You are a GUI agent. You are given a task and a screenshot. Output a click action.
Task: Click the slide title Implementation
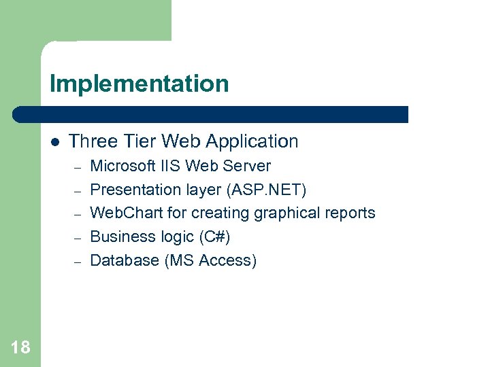coord(139,84)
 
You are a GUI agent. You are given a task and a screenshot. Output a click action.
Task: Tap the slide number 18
coord(20,348)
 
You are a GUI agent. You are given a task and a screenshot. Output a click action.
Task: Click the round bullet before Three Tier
coord(55,142)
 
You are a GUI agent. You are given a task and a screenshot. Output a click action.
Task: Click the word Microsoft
coord(123,166)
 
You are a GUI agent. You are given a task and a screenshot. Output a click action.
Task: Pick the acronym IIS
coord(171,166)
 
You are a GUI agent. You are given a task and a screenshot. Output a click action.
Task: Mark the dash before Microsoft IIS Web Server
coord(78,167)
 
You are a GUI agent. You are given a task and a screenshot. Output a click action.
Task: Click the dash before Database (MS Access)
coord(78,262)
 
